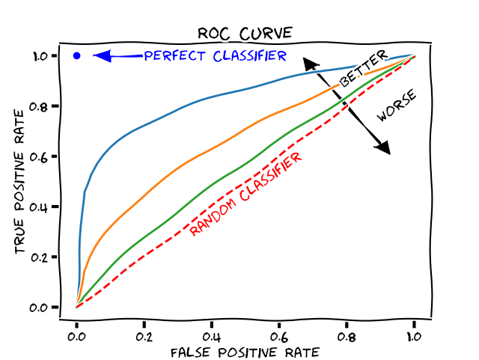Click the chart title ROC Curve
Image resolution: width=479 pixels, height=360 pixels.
[x=245, y=34]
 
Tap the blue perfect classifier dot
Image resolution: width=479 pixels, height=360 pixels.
[x=76, y=55]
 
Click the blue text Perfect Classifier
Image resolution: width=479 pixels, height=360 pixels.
[x=216, y=56]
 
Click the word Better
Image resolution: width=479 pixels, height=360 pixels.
[x=364, y=68]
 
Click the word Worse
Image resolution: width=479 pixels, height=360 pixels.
[x=396, y=106]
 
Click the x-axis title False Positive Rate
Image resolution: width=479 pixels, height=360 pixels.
[x=245, y=352]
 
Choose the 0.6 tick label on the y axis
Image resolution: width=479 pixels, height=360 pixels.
[x=40, y=156]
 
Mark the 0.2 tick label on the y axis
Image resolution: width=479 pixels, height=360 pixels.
[x=40, y=257]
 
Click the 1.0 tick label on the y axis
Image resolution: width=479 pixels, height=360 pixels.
[x=40, y=55]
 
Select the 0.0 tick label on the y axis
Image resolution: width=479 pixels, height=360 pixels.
[x=40, y=307]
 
